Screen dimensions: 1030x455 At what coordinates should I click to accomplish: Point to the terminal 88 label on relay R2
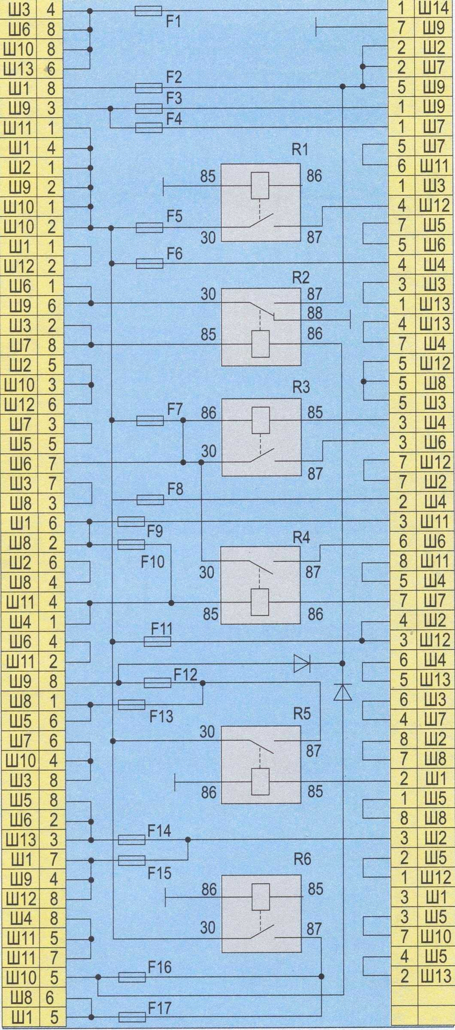coord(315,313)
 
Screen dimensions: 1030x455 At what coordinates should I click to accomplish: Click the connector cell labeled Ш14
coord(435,9)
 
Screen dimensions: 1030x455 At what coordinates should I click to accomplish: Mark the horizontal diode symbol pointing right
coord(302,663)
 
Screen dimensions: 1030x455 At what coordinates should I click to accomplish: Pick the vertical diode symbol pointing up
coord(343,692)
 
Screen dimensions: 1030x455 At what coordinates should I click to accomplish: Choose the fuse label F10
coord(153,561)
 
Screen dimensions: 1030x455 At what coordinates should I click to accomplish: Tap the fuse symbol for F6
coord(150,263)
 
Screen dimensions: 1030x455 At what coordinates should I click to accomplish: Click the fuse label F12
coord(185,675)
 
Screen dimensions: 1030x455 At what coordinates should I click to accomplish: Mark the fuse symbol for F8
coord(150,500)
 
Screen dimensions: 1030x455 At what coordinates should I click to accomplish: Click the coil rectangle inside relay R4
coord(260,603)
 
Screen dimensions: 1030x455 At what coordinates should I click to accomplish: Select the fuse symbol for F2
coord(149,88)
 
